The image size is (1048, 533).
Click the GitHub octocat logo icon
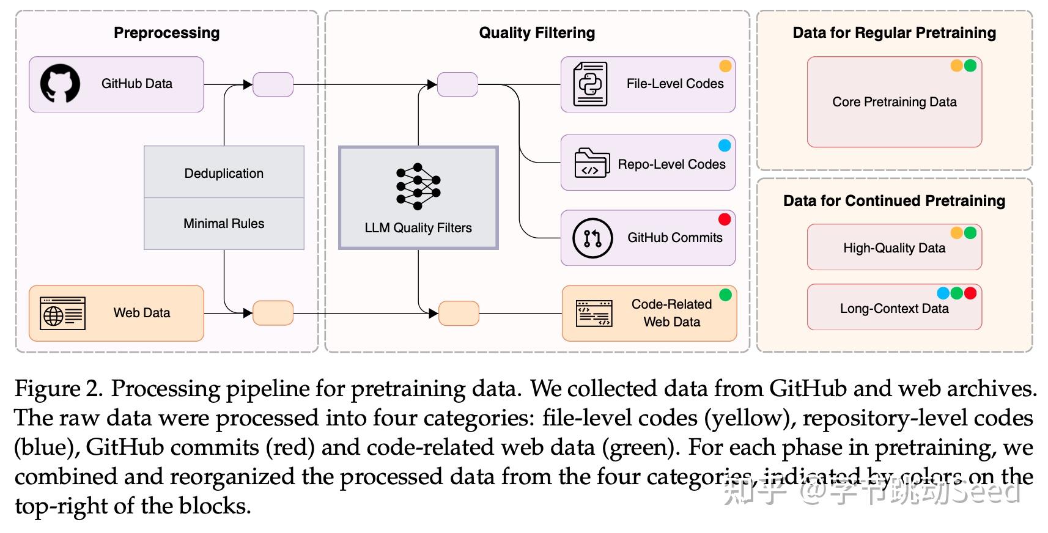coord(60,84)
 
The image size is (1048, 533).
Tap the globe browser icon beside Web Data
coord(63,313)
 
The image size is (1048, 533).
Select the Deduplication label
coord(224,174)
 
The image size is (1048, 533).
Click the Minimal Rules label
coord(224,224)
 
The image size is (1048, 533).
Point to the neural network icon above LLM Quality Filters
coord(418,186)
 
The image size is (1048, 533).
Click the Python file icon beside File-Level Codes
coord(591,84)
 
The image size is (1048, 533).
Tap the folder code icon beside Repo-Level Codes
coord(592,163)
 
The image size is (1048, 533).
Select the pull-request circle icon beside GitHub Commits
coord(592,238)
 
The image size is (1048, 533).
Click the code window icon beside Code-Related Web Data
coord(594,313)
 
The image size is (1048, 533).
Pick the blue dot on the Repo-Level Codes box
coord(724,145)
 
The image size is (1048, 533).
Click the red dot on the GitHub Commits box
coord(724,219)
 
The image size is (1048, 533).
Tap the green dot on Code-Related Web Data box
coord(725,295)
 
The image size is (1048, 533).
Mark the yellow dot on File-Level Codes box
coord(725,66)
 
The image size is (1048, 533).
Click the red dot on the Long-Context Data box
coord(970,293)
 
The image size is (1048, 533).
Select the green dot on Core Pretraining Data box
coord(970,65)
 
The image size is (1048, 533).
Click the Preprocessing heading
coord(166,33)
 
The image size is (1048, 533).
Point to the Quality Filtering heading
coord(537,33)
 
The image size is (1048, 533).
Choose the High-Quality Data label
coord(894,248)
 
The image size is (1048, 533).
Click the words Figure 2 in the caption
coord(58,389)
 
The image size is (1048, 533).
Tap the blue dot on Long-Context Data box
coord(943,293)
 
